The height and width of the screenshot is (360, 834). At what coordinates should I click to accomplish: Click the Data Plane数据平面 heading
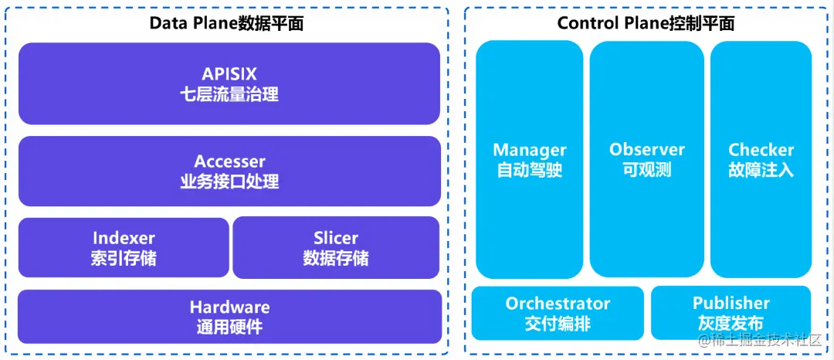[226, 23]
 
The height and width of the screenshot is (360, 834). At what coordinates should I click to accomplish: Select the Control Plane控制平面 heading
[646, 23]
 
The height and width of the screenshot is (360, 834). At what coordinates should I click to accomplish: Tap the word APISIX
[229, 75]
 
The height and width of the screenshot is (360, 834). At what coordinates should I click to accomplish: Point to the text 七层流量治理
[229, 95]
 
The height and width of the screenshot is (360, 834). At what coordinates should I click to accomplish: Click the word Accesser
[229, 161]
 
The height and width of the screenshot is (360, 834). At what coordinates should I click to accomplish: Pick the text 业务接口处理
[229, 182]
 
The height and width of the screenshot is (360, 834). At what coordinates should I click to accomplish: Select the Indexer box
[124, 247]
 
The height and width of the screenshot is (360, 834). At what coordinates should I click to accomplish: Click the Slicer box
[336, 247]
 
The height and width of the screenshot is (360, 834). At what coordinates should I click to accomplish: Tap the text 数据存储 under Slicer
[336, 258]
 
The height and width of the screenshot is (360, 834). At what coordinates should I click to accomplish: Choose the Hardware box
[229, 316]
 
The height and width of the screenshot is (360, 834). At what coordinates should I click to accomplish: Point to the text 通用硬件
[229, 327]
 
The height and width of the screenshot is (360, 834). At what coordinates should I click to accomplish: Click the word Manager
[530, 150]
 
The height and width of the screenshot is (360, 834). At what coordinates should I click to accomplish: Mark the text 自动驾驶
[530, 169]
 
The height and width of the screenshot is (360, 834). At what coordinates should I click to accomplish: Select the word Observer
[647, 150]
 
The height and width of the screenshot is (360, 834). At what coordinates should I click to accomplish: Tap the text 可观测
[647, 169]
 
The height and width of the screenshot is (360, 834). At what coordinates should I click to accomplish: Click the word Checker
[761, 150]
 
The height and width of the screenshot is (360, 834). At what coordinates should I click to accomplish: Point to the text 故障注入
[761, 169]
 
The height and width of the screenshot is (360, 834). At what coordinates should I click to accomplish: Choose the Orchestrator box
[558, 313]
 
